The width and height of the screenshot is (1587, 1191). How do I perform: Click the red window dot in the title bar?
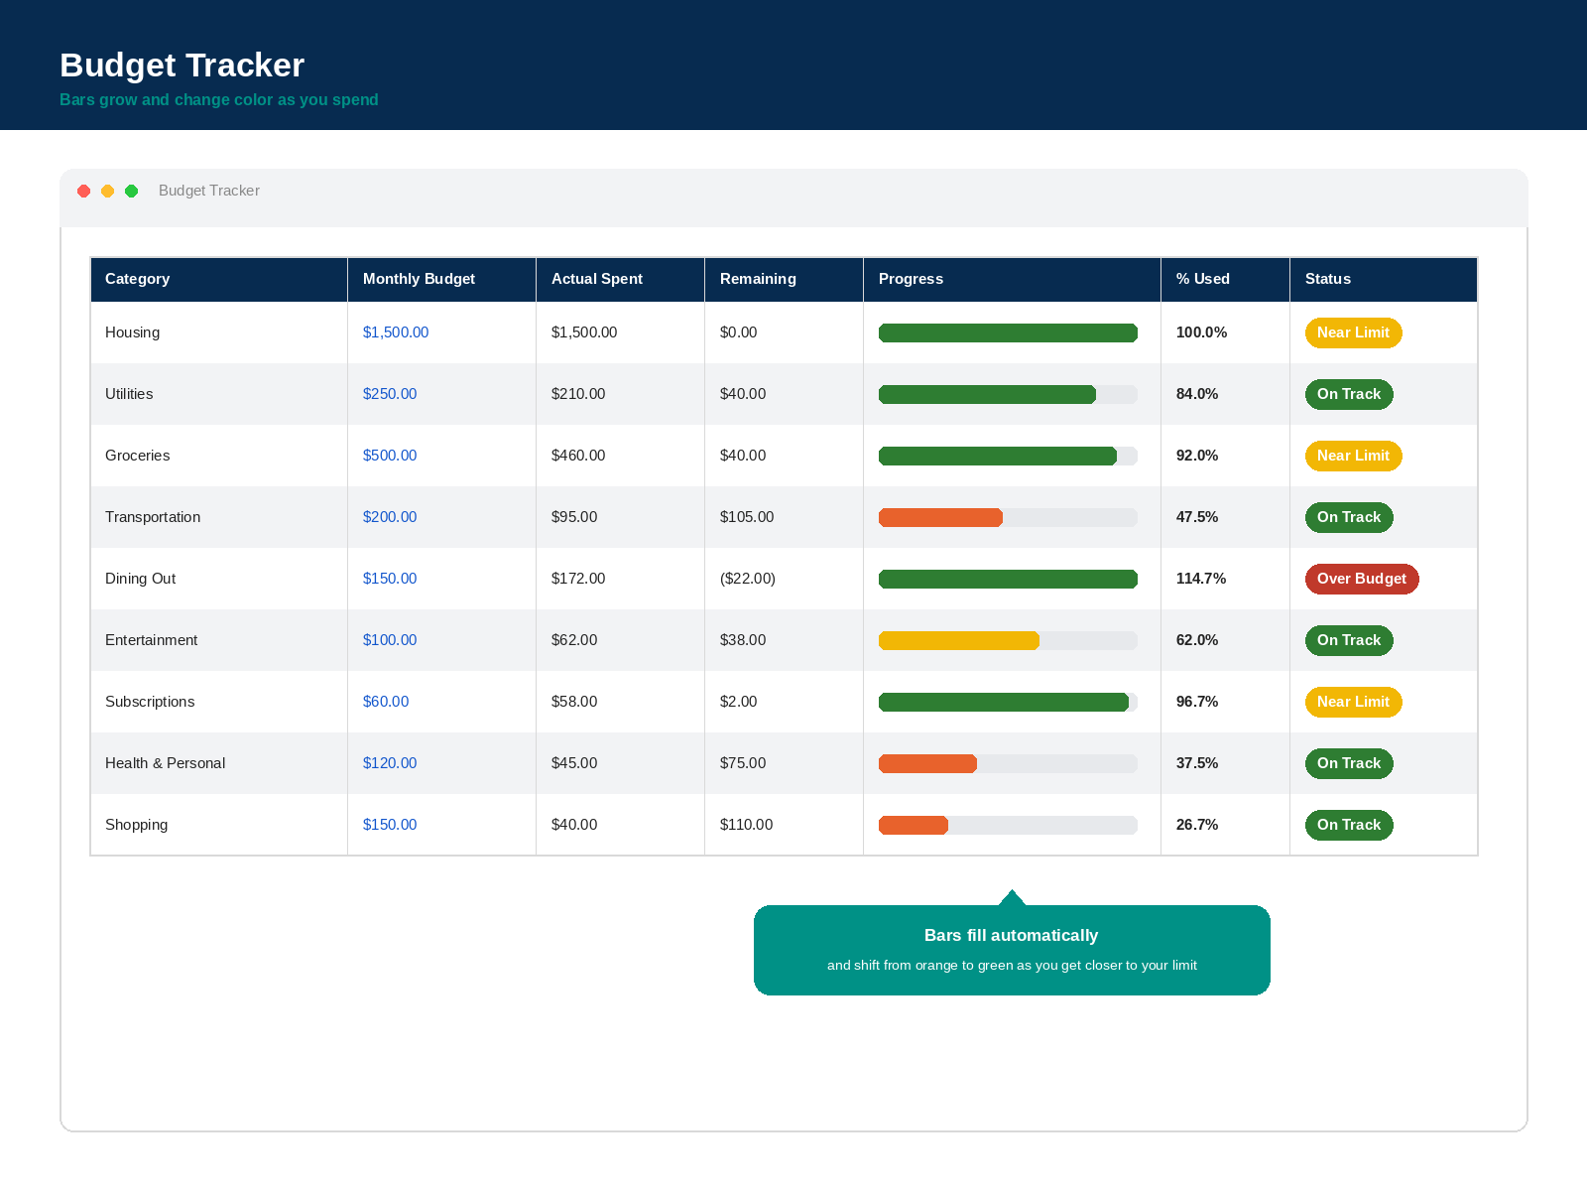point(84,191)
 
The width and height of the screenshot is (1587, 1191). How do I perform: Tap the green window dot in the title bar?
point(132,191)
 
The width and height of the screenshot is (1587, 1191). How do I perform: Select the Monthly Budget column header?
point(419,279)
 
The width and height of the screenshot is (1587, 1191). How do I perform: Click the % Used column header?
point(1202,279)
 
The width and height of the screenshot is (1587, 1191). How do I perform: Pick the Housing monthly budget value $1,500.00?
point(396,332)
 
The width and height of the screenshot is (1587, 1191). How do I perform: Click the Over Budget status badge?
point(1362,579)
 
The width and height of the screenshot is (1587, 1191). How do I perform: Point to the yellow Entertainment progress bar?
point(959,641)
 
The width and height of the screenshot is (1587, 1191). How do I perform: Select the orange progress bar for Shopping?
point(914,825)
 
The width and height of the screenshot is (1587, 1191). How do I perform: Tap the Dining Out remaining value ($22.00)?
point(748,579)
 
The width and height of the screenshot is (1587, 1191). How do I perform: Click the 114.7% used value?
point(1201,579)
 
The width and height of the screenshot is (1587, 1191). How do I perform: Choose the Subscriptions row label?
point(150,702)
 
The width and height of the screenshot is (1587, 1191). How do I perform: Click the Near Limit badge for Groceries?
point(1353,456)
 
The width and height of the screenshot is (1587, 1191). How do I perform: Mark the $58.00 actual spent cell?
point(574,702)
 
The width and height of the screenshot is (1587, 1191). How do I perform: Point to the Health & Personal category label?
point(165,763)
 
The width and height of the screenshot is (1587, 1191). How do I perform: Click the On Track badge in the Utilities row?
point(1348,394)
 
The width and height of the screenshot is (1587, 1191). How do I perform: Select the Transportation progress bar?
point(940,518)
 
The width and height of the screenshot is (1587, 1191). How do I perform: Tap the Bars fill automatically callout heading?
point(1011,935)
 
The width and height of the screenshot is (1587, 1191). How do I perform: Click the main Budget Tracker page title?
point(183,66)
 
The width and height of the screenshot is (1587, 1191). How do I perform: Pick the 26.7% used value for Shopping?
point(1196,825)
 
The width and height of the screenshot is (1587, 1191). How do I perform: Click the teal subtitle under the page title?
point(219,100)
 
